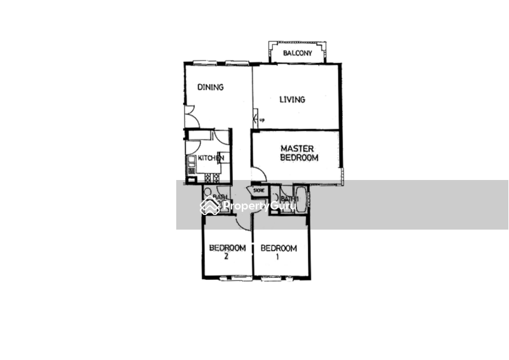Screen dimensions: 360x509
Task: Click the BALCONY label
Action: pyautogui.click(x=298, y=53)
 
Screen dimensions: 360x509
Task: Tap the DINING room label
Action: pyautogui.click(x=210, y=87)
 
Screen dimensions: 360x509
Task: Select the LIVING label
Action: pyautogui.click(x=293, y=99)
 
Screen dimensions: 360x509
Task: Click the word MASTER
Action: pyautogui.click(x=298, y=148)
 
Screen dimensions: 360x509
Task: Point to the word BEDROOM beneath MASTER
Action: pyautogui.click(x=298, y=157)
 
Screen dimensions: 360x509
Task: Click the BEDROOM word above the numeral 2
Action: pyautogui.click(x=227, y=247)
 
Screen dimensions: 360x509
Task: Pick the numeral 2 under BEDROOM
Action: pyautogui.click(x=226, y=256)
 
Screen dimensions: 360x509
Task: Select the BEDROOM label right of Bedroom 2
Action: pyautogui.click(x=279, y=248)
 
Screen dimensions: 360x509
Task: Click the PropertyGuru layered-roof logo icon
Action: pyautogui.click(x=209, y=205)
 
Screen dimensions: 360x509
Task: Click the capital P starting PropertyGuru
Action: pyautogui.click(x=227, y=206)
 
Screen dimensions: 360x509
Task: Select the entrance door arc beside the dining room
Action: pyautogui.click(x=191, y=115)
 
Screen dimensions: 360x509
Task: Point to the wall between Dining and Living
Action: pyautogui.click(x=252, y=89)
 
